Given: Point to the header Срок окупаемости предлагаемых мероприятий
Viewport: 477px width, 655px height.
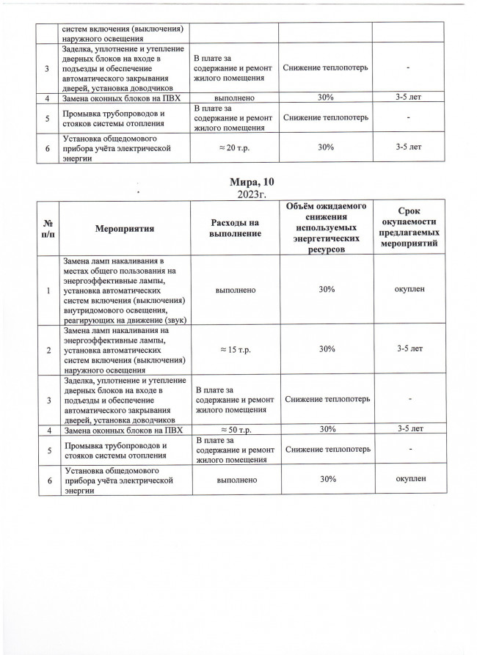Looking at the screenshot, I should (x=409, y=229).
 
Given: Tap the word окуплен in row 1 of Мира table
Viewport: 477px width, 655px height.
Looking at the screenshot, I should (x=409, y=290).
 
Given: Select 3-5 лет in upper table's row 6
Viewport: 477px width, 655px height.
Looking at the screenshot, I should (x=409, y=147).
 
